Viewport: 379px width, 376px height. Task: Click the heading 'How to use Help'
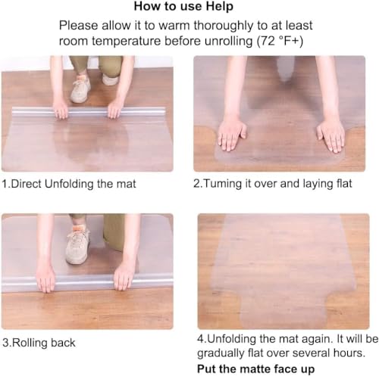point(188,8)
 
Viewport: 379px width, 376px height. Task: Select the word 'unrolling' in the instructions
point(224,43)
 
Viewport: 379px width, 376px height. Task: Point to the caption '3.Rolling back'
point(39,343)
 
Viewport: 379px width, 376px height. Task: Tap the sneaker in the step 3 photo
point(77,247)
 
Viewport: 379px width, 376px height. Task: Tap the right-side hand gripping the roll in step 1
point(115,110)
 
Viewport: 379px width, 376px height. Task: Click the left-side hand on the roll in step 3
point(46,279)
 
